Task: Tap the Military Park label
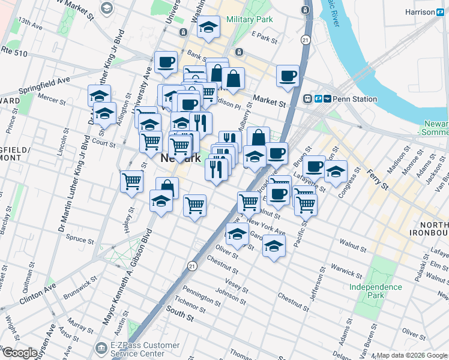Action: pos(250,19)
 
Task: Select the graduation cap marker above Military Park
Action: pos(208,27)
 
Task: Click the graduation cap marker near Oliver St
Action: pos(237,233)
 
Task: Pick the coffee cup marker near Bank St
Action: pos(166,62)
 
